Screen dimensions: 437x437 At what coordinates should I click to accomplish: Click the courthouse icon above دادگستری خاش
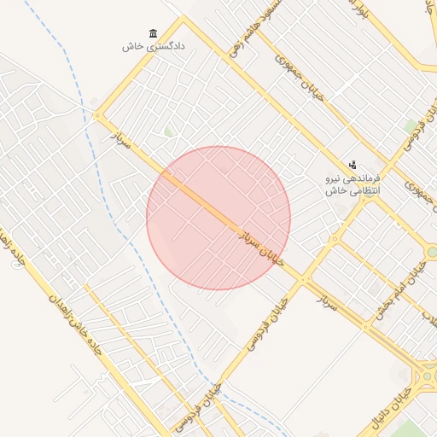click(154, 34)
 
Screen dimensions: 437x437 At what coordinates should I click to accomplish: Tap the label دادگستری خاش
click(154, 47)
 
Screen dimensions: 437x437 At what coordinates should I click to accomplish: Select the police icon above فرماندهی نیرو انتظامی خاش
click(353, 165)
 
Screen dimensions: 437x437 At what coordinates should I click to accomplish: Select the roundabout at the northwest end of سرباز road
click(97, 115)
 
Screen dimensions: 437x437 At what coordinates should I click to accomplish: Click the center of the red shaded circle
click(218, 218)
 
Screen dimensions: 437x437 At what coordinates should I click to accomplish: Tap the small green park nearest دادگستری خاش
click(169, 131)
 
